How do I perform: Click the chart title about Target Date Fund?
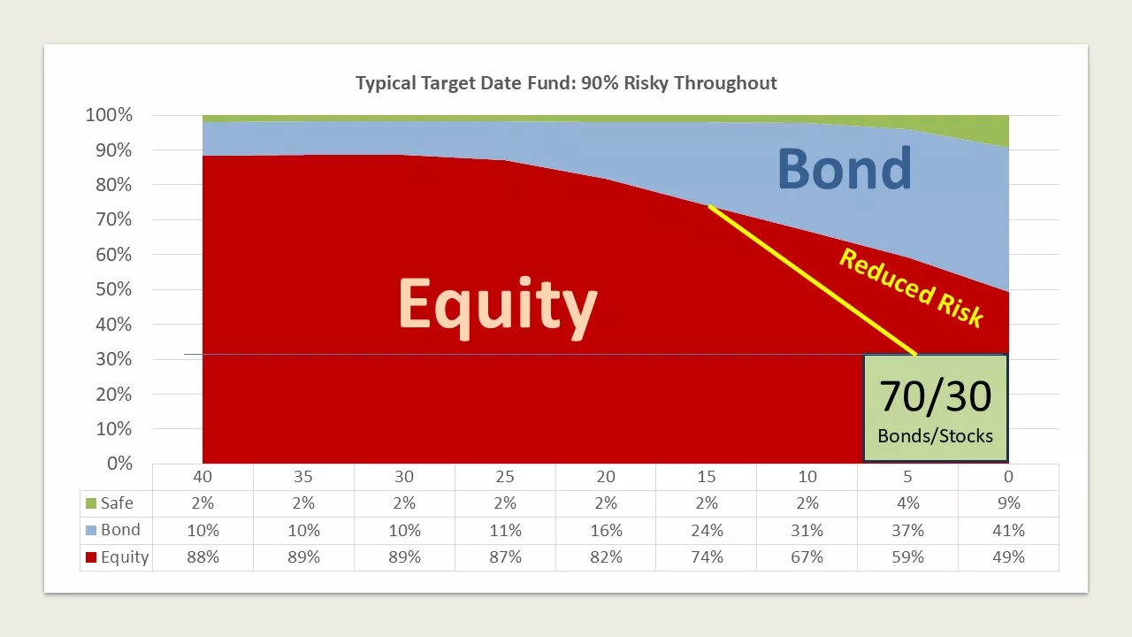click(x=566, y=83)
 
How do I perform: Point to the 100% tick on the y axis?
click(x=109, y=115)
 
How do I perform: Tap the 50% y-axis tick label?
click(x=114, y=289)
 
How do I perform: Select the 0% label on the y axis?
click(x=119, y=463)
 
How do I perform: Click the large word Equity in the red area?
click(x=498, y=307)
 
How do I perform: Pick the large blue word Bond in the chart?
click(x=845, y=168)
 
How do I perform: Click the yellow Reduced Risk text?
click(x=911, y=288)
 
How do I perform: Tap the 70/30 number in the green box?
click(x=936, y=396)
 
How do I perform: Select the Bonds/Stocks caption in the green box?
click(x=936, y=436)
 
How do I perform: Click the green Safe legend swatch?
click(x=91, y=503)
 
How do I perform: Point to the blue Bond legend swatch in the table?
click(x=91, y=530)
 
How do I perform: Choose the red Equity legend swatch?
click(x=91, y=557)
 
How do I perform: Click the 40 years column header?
click(x=203, y=477)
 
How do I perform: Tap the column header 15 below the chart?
click(x=707, y=477)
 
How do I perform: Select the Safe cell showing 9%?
click(x=1009, y=503)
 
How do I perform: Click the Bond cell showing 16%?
click(x=606, y=530)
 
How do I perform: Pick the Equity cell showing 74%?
click(x=707, y=557)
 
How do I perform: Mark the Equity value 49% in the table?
click(x=1009, y=557)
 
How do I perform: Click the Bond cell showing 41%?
click(x=1009, y=530)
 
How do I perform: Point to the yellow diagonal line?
click(x=813, y=280)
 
